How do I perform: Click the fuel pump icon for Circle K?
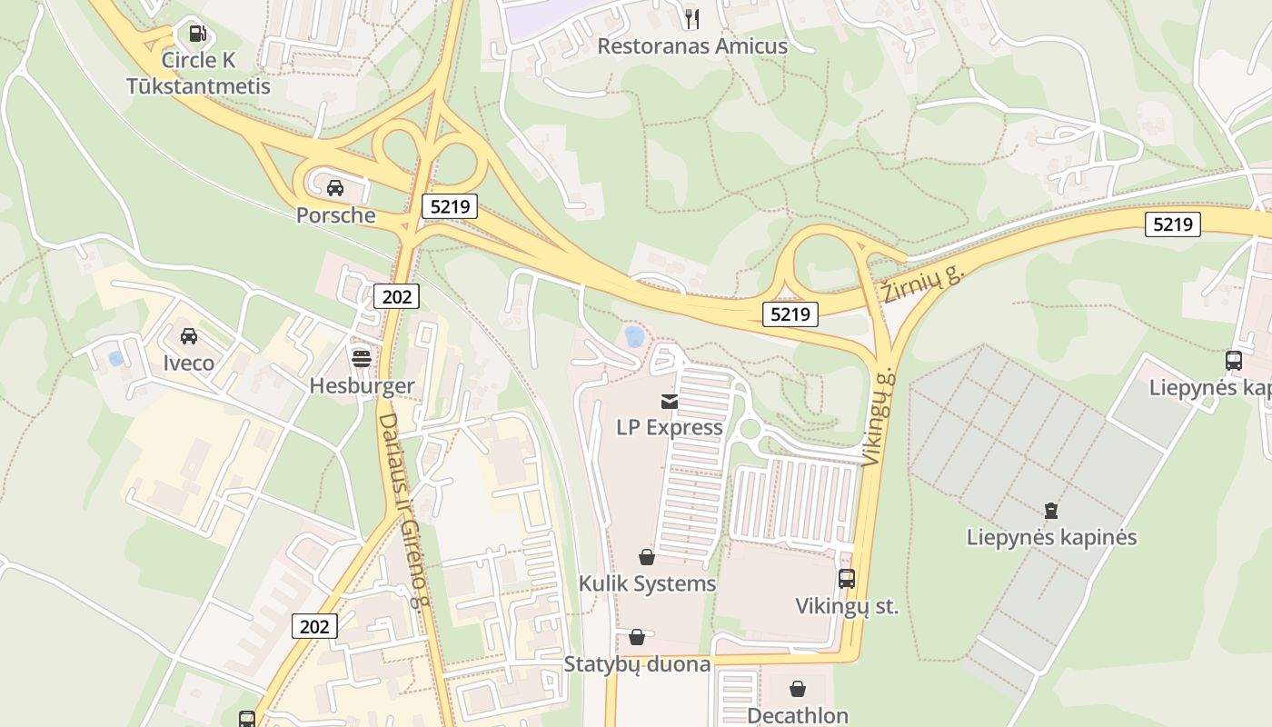tap(197, 35)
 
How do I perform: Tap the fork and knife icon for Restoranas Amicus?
tap(691, 18)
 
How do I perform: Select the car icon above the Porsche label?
tap(335, 188)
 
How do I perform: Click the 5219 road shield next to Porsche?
tap(450, 206)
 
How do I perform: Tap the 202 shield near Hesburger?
tap(396, 296)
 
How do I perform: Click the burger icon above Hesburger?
tap(362, 357)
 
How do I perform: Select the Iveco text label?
tap(189, 363)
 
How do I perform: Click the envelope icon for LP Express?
tap(670, 402)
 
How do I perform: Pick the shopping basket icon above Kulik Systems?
tap(647, 556)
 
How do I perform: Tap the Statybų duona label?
tap(637, 664)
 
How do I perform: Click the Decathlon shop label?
tap(797, 715)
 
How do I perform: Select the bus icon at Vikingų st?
tap(846, 578)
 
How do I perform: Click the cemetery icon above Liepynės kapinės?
tap(1051, 510)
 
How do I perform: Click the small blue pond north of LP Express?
tap(634, 337)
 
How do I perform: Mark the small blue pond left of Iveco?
tap(116, 359)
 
